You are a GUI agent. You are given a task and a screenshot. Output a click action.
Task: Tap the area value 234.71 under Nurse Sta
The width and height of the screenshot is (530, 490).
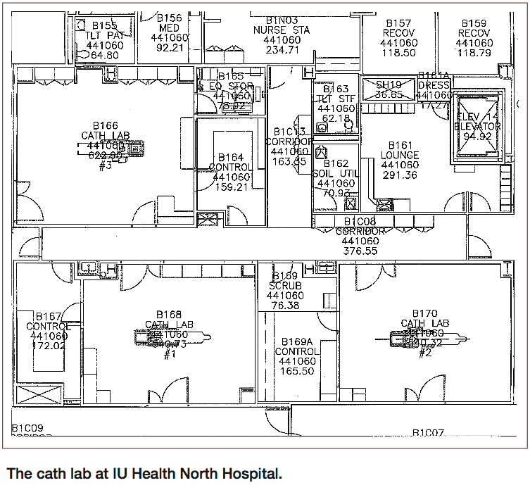click(282, 50)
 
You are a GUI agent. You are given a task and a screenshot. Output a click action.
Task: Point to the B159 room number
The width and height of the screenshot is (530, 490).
click(474, 23)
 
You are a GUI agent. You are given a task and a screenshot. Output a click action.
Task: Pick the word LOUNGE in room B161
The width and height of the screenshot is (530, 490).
click(400, 155)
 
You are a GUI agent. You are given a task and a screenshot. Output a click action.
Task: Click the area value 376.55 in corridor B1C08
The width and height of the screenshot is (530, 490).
click(360, 250)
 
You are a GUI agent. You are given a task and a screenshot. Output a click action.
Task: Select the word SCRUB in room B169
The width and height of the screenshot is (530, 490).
click(285, 286)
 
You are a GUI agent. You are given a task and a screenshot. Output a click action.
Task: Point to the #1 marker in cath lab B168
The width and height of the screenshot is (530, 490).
click(169, 355)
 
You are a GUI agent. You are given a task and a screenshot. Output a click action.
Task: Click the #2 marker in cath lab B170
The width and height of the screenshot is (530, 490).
click(424, 353)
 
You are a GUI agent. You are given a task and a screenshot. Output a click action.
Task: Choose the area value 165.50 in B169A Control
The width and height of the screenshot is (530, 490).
click(296, 371)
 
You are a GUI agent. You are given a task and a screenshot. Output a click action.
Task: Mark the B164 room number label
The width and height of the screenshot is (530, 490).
click(230, 157)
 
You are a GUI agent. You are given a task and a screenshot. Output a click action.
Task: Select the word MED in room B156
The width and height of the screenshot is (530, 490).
click(169, 28)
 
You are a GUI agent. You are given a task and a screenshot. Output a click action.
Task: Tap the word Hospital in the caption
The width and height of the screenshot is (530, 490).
click(251, 472)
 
